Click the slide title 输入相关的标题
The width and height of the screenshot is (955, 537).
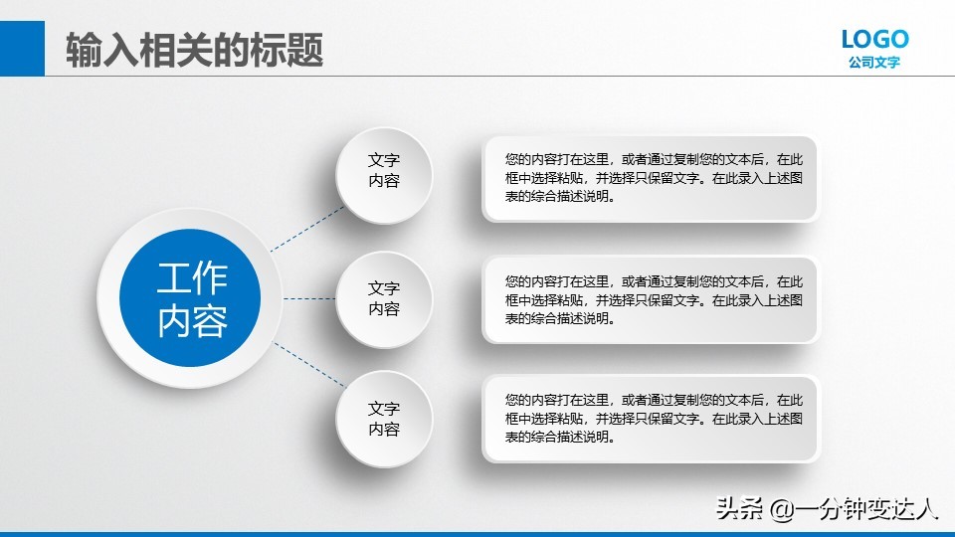(195, 50)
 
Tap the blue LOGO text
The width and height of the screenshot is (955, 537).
(874, 39)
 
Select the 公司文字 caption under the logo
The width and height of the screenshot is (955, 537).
(874, 63)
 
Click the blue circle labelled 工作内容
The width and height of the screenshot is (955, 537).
(190, 298)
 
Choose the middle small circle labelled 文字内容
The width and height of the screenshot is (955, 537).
(384, 298)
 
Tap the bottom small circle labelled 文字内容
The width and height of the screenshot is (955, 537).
(384, 419)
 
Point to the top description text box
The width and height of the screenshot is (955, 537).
(651, 178)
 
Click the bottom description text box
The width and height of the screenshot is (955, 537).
(651, 419)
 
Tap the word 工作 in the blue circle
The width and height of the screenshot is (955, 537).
(192, 279)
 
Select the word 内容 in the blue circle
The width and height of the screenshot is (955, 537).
(192, 320)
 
